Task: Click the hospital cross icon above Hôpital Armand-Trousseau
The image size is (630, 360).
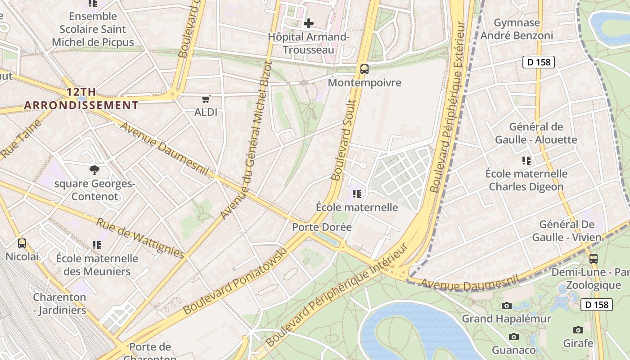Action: pos(309,23)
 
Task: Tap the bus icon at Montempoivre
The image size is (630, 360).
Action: pos(364,69)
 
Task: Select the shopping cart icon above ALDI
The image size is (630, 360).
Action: pos(206,99)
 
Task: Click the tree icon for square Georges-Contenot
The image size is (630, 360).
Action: pos(94,170)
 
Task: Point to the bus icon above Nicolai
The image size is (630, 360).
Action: pos(22,243)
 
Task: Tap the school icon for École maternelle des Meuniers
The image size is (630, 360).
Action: pos(97,245)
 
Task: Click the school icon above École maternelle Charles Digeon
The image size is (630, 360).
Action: pos(526,160)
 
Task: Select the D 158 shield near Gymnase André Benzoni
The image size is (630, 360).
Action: pos(538,62)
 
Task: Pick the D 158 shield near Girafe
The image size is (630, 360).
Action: pos(597,305)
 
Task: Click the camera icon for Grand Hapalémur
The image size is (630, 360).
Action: pos(507,306)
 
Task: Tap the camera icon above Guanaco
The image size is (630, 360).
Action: pos(513,337)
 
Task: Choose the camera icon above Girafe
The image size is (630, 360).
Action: pos(578,330)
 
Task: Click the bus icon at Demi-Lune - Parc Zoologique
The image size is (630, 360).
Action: pos(594,259)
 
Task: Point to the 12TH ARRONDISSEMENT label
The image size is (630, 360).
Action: pos(81,99)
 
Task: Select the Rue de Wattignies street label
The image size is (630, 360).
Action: pos(140,238)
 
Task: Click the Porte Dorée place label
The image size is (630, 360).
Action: pos(322,227)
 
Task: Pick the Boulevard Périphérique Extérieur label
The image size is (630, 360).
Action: pos(447,107)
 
